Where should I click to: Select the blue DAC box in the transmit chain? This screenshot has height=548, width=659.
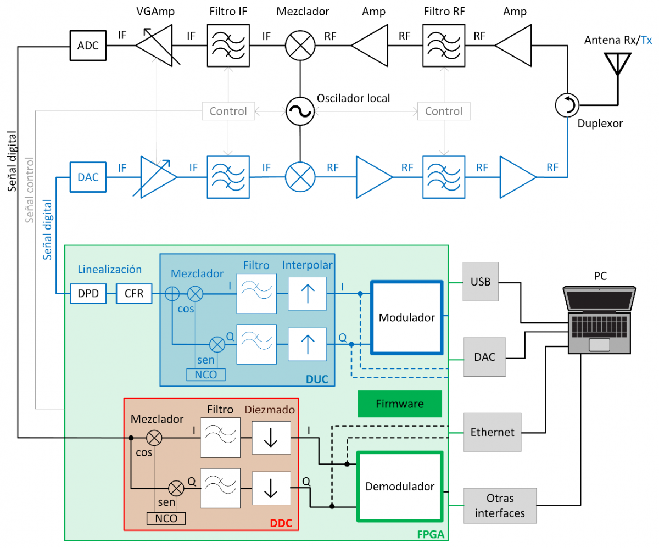point(88,176)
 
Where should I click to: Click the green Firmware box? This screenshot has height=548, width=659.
point(399,404)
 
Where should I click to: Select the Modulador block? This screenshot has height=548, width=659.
point(407,317)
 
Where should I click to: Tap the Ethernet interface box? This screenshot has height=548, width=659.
point(492,432)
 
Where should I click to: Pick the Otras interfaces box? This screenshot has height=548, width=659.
point(500,506)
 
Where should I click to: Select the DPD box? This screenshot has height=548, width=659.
point(88,294)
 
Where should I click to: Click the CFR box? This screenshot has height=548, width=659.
point(133,294)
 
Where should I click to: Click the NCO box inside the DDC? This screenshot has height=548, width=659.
point(166,518)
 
